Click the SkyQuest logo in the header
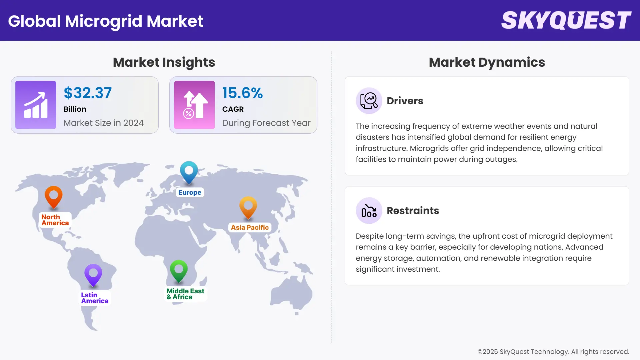pyautogui.click(x=566, y=20)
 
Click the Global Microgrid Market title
pyautogui.click(x=106, y=21)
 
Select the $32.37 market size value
pyautogui.click(x=88, y=93)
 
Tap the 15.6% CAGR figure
pyautogui.click(x=242, y=93)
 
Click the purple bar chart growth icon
pyautogui.click(x=36, y=105)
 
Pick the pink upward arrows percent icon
pyautogui.click(x=194, y=105)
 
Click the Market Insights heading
pyautogui.click(x=164, y=62)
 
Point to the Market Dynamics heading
pyautogui.click(x=487, y=62)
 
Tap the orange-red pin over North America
pyautogui.click(x=54, y=197)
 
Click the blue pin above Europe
pyautogui.click(x=189, y=172)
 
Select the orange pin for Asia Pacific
pyautogui.click(x=248, y=207)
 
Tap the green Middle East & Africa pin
pyautogui.click(x=179, y=270)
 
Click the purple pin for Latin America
pyautogui.click(x=93, y=275)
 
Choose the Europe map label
pyautogui.click(x=190, y=192)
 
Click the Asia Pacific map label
pyautogui.click(x=250, y=227)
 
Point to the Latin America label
pyautogui.click(x=95, y=298)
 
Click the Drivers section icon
pyautogui.click(x=369, y=101)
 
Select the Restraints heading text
pyautogui.click(x=413, y=211)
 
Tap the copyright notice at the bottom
pyautogui.click(x=553, y=352)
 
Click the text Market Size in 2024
pyautogui.click(x=104, y=123)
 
